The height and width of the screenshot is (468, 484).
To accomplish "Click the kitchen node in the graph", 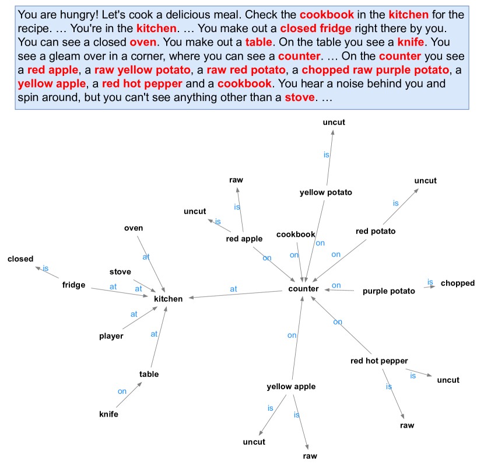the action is [x=168, y=299].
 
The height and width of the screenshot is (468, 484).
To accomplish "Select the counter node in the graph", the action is [x=303, y=289].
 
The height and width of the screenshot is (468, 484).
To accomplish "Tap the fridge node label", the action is [x=74, y=285].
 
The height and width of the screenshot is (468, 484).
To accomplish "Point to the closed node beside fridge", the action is [x=20, y=259].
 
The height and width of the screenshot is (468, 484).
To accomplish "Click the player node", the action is [x=111, y=336].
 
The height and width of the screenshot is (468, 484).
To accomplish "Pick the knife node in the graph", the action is [x=108, y=414].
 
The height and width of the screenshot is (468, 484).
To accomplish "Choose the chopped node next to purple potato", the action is [x=457, y=284].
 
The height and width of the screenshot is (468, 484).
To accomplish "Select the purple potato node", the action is [x=388, y=291].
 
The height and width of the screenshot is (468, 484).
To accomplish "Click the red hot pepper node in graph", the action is [x=379, y=361].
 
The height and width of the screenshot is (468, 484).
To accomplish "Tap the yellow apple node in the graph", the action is [x=291, y=387].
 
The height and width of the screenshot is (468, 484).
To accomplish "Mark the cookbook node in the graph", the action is [x=296, y=235].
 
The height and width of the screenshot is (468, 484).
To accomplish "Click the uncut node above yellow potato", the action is [x=334, y=123].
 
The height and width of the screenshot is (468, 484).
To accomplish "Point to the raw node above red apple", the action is [x=236, y=180].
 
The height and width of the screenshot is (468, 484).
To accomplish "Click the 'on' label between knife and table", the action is [x=122, y=392].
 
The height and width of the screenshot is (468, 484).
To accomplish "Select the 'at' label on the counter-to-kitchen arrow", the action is [x=234, y=289].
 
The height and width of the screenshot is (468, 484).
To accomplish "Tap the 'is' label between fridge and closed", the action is [x=45, y=269].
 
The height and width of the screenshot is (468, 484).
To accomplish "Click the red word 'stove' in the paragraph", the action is [x=299, y=97].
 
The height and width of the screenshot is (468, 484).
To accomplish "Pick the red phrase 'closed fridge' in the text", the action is [x=315, y=28].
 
